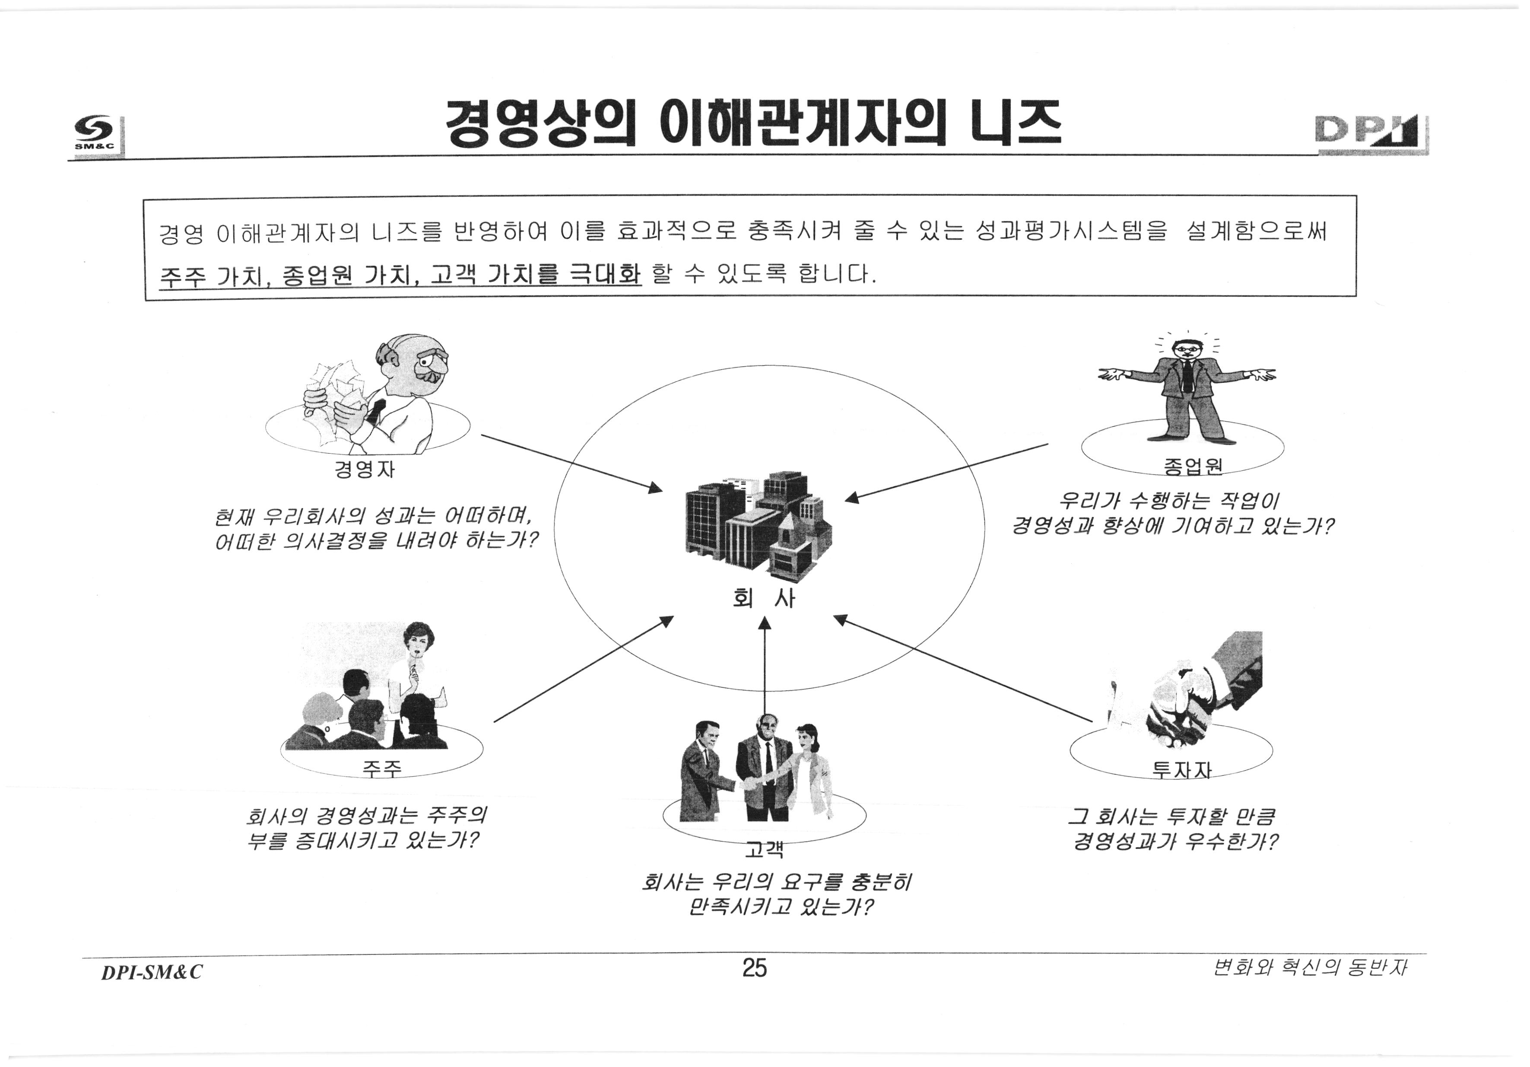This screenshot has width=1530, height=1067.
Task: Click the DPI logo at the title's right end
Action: [x=1371, y=135]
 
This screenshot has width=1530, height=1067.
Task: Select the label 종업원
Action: [x=1193, y=466]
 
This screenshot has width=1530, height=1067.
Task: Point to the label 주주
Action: [x=382, y=769]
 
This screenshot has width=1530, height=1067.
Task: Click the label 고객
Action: [x=764, y=849]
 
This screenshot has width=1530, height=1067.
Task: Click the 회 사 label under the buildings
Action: [x=764, y=598]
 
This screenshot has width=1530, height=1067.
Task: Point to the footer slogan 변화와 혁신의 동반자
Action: [x=1310, y=968]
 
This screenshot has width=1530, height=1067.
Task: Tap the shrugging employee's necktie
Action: [x=1187, y=377]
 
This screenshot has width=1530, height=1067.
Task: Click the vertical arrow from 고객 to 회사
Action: [x=764, y=673]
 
